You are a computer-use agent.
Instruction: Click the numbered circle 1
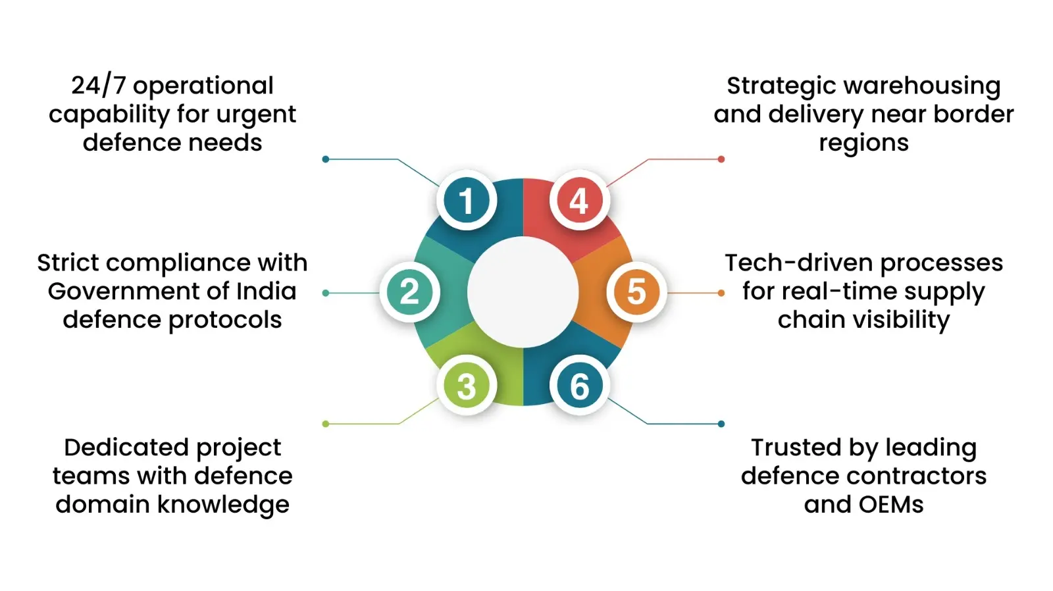[x=466, y=200]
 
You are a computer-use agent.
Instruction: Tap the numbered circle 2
[x=409, y=292]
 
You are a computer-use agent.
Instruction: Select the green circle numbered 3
[x=466, y=386]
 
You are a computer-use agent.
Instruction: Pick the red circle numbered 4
[x=579, y=200]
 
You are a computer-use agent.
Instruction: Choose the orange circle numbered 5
[x=636, y=292]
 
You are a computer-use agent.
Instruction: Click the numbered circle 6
[x=579, y=386]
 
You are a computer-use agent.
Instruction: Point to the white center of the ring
[x=523, y=292]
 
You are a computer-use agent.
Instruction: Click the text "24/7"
[x=98, y=86]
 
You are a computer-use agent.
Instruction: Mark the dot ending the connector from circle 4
[x=721, y=159]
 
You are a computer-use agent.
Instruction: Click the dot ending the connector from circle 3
[x=326, y=424]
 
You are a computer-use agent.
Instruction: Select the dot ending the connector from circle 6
[x=721, y=424]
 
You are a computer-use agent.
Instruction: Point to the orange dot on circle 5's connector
[x=721, y=293]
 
